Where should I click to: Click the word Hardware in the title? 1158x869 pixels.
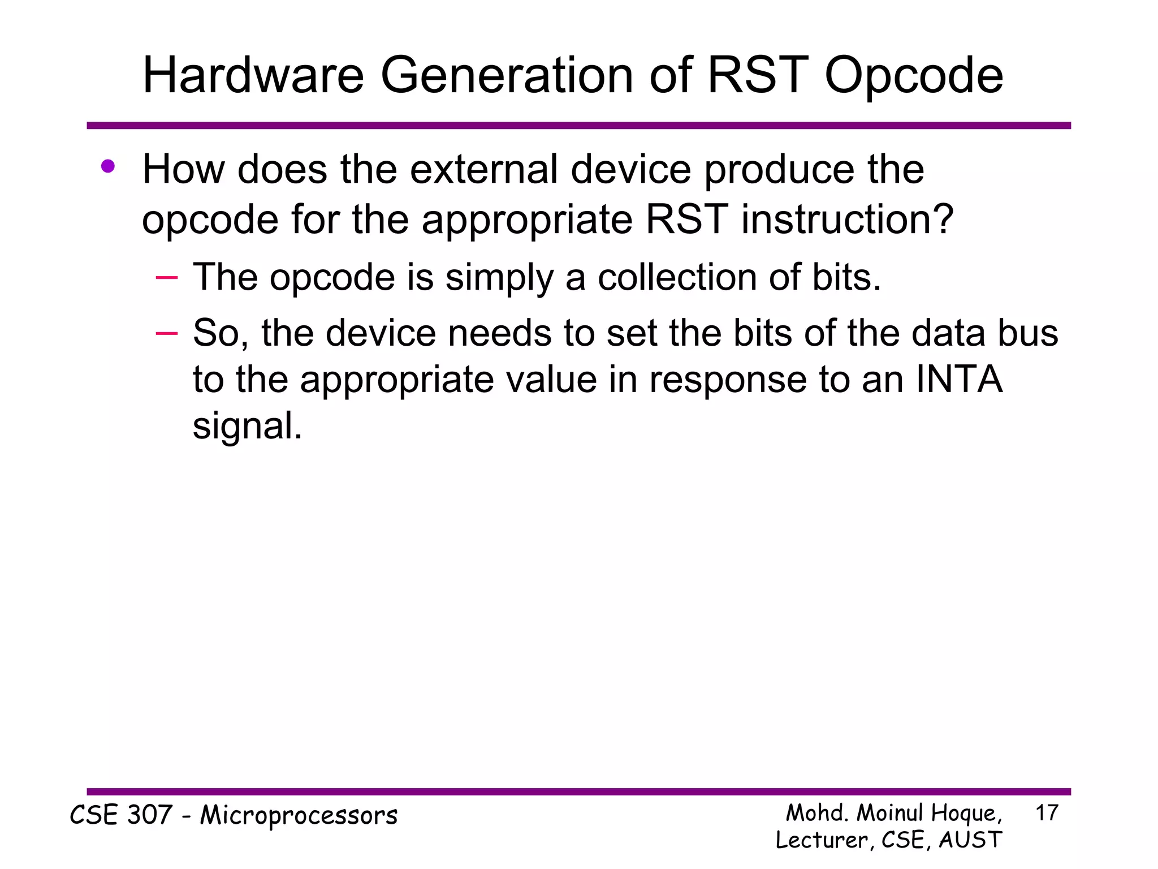[x=253, y=76]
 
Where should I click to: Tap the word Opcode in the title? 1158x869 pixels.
[x=914, y=76]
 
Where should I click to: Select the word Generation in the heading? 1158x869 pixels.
[x=507, y=76]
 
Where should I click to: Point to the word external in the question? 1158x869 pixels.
[x=484, y=170]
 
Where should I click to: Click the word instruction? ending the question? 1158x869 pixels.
[x=848, y=220]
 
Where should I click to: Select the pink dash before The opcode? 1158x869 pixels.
[x=167, y=277]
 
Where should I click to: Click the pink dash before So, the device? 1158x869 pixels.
[x=167, y=333]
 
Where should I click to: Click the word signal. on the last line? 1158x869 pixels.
[x=247, y=426]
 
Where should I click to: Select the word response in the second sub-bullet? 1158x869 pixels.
[x=728, y=380]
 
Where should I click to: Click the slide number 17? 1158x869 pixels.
[x=1047, y=813]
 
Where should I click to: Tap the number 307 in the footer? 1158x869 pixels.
[x=150, y=815]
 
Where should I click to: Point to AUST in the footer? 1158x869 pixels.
[x=970, y=840]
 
